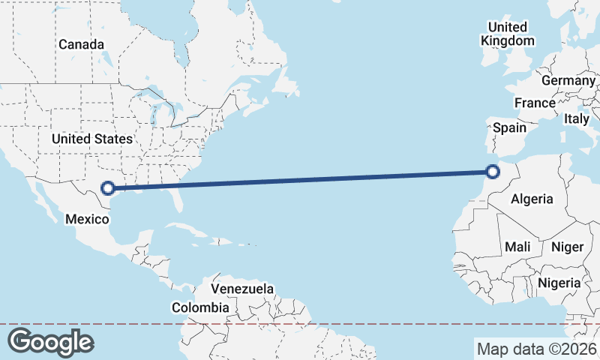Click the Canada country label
(x=82, y=45)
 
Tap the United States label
(x=92, y=139)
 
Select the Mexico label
(x=87, y=219)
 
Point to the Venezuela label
(x=242, y=289)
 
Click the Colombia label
(x=200, y=307)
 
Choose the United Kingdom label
(x=508, y=34)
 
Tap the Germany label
(x=568, y=80)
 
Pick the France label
(x=535, y=103)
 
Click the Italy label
(x=577, y=118)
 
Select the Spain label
(x=509, y=127)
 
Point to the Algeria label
(x=532, y=199)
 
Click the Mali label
(x=517, y=247)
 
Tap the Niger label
(x=567, y=247)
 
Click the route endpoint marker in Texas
(x=109, y=188)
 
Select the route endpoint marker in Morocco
(x=493, y=172)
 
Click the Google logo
(x=50, y=341)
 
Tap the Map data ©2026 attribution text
(x=537, y=349)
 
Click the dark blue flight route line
(x=300, y=180)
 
